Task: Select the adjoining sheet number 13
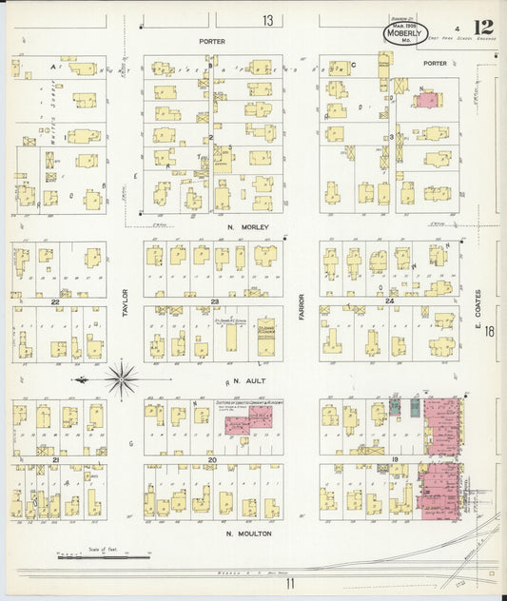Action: (269, 20)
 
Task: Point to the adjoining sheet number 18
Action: (489, 332)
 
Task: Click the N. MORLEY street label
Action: (249, 227)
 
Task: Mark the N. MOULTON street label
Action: (248, 533)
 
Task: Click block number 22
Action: (56, 301)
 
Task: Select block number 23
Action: (215, 301)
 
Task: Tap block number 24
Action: (390, 301)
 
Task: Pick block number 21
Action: (56, 459)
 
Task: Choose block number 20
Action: (213, 459)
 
